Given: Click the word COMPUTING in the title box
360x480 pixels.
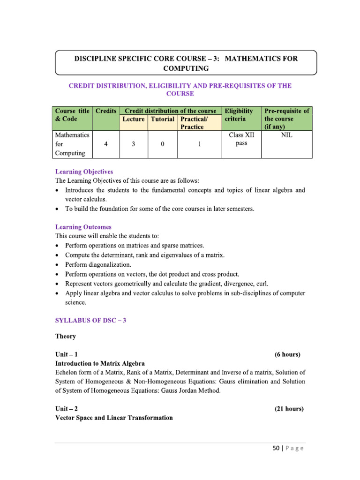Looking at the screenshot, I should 186,68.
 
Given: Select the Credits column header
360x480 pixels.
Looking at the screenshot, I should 106,111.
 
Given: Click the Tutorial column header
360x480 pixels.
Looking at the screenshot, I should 162,119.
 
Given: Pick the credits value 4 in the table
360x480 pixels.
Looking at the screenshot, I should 106,144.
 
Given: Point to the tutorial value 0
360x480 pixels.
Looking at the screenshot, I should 162,144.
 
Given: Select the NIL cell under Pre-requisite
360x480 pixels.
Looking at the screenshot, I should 286,135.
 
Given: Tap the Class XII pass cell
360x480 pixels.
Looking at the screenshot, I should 241,139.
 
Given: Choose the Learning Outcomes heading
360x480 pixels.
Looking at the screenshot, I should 83,227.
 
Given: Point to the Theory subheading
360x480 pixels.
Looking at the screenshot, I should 66,337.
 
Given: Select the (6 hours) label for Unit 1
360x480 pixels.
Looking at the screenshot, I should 287,354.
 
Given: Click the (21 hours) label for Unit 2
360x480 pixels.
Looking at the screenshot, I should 289,409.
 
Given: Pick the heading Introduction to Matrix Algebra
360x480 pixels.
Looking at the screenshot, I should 100,363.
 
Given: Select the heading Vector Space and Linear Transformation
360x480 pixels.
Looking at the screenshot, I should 114,418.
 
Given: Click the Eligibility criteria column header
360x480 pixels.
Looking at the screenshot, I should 239,115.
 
